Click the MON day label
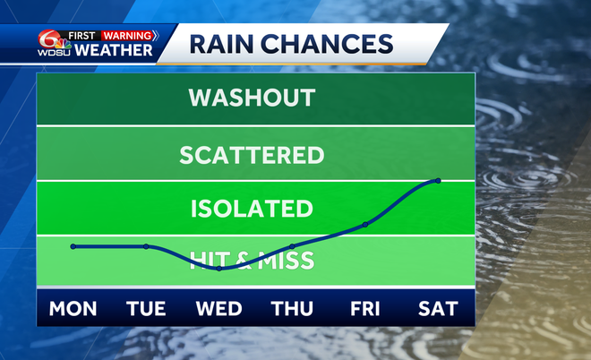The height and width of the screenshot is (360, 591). point(73,309)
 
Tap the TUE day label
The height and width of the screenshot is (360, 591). point(146,309)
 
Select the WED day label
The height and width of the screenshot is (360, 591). point(219,309)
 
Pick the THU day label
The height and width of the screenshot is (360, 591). point(292,309)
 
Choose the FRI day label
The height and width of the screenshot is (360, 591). point(365,309)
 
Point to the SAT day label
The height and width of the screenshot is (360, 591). point(438,309)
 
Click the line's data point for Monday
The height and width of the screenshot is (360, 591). point(73,246)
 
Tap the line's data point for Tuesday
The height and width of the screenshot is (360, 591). point(146,246)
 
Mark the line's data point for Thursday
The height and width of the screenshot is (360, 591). point(292,246)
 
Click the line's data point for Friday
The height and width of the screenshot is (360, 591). point(365,224)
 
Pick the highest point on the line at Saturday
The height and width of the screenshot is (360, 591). point(438,181)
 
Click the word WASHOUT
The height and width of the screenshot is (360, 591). point(252,98)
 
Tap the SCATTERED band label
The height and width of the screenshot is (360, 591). point(252,155)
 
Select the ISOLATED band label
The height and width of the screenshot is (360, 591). point(252,210)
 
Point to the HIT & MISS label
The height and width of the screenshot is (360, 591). point(252,261)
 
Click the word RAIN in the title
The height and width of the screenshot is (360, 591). point(221,43)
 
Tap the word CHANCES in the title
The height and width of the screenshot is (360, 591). point(338,43)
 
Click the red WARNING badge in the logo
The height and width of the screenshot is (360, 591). point(127,35)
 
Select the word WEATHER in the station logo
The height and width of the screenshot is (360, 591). point(113,50)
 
